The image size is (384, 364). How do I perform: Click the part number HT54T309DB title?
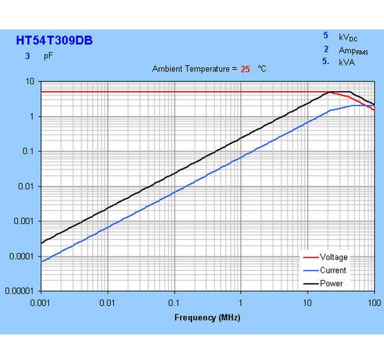(54, 41)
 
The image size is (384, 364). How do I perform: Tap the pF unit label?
(48, 57)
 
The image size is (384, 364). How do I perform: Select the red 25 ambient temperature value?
(245, 69)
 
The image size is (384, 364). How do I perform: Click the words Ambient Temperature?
(190, 69)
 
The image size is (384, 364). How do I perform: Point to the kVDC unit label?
(348, 37)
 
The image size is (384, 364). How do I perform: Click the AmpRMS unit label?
(353, 51)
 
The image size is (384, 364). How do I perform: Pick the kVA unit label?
(347, 62)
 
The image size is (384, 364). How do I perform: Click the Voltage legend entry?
(333, 257)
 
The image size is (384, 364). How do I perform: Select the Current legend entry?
(333, 270)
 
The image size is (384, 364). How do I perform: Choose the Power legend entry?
(331, 283)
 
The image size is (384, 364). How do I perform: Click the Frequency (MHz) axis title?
(207, 317)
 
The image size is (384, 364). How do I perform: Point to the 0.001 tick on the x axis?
(41, 302)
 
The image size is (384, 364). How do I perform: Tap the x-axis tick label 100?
(373, 302)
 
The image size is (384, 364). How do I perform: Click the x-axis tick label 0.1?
(174, 302)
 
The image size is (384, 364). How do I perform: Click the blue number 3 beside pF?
(27, 57)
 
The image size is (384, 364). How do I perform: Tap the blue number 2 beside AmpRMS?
(326, 50)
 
